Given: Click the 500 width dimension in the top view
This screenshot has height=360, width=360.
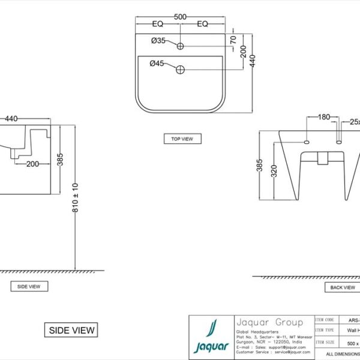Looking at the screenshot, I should [179, 17].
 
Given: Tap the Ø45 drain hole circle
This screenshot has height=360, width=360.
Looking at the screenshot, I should [179, 70].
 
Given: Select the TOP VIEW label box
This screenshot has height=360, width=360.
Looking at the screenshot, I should [182, 139].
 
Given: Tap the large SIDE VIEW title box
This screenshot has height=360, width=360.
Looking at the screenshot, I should [71, 330].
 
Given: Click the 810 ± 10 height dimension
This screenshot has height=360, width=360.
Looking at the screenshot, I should [74, 197].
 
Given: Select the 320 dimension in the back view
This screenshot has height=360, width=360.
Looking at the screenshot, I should [274, 173].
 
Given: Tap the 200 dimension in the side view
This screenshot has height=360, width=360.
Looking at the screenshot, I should [32, 163].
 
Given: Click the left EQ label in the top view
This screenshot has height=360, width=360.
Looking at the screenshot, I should [158, 24].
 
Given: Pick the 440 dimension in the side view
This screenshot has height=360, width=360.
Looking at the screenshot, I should [11, 119].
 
